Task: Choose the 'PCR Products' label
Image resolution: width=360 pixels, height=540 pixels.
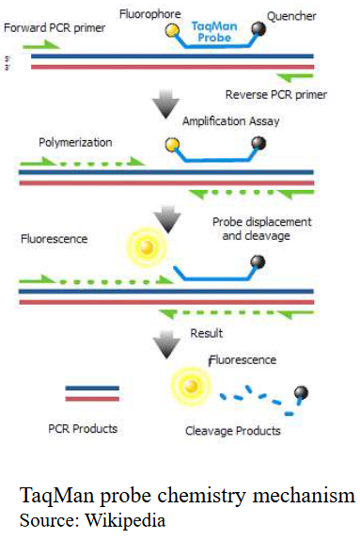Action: (x=83, y=428)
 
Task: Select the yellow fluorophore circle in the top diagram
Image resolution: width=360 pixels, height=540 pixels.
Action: (x=173, y=31)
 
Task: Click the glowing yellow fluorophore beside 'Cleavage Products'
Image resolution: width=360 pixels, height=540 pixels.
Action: (x=189, y=386)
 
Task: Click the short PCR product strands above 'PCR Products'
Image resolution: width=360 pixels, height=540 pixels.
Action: (x=92, y=392)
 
